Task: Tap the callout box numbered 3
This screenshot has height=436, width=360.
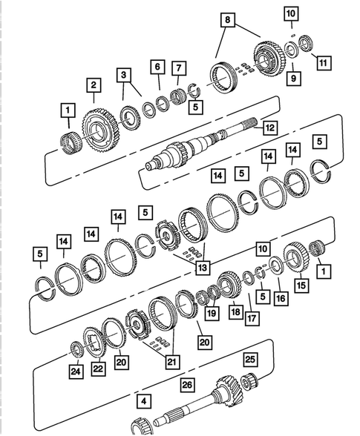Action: [x=123, y=75]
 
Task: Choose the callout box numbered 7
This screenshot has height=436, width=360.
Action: [x=178, y=69]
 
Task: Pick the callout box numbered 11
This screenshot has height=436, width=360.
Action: [x=322, y=63]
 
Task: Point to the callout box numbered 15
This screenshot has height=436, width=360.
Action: [x=301, y=284]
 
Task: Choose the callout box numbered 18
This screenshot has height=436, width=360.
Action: [x=235, y=312]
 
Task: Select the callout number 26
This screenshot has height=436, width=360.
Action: [x=186, y=385]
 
